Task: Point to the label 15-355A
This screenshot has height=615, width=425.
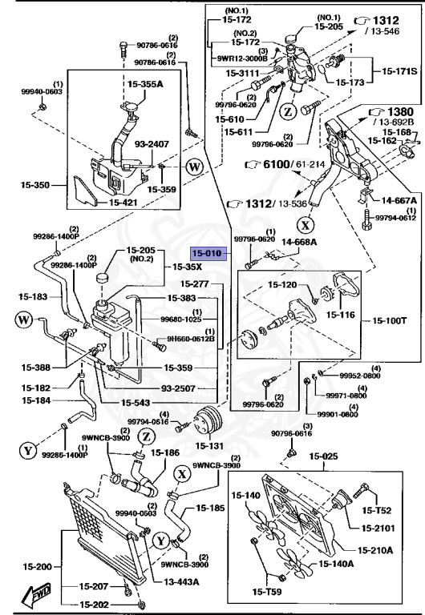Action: [x=144, y=82]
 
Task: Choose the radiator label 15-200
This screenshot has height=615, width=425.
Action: [x=30, y=565]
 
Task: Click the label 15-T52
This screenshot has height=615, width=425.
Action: [x=378, y=510]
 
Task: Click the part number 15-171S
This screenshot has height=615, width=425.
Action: [x=398, y=72]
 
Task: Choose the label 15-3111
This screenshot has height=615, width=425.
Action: [x=242, y=74]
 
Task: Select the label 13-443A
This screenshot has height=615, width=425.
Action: [x=182, y=583]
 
